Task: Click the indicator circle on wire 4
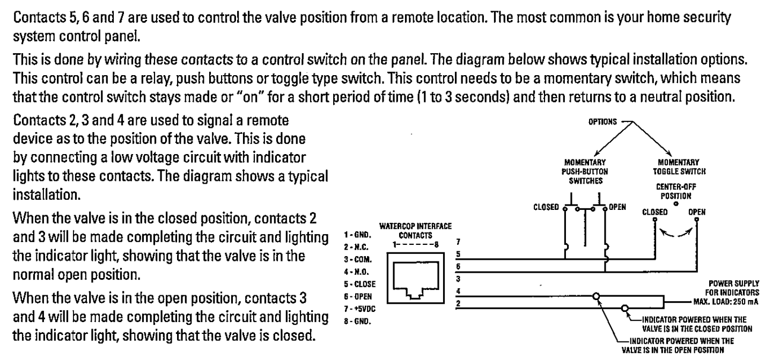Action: click(598, 296)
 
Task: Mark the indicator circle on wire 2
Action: click(624, 309)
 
